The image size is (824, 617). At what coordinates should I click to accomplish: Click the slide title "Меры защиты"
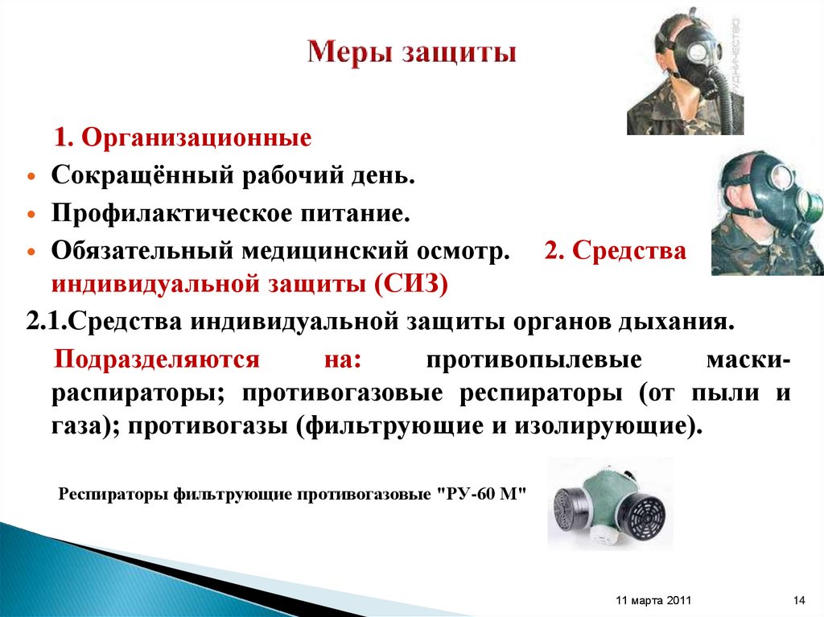(412, 55)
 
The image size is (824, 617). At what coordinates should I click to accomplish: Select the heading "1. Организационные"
(183, 138)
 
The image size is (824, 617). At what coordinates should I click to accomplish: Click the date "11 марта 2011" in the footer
(653, 601)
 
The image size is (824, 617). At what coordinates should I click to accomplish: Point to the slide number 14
(799, 601)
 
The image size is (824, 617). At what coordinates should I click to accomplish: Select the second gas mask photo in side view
(766, 213)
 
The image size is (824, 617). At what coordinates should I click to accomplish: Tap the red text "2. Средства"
(615, 251)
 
